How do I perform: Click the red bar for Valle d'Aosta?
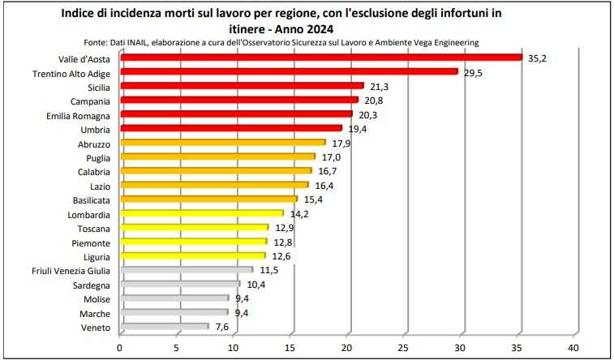[320, 57]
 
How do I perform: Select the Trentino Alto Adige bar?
[289, 71]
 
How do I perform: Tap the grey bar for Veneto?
[164, 326]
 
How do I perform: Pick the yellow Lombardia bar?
[201, 213]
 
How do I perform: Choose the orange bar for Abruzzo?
[222, 142]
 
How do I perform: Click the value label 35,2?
[537, 58]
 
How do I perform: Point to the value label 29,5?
[472, 72]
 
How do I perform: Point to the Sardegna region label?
[88, 285]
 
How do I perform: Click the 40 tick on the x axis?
[575, 348]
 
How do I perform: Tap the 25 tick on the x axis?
[405, 348]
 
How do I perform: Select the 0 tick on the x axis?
[120, 348]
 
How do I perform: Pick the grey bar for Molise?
[174, 298]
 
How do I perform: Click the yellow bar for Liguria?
[192, 255]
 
